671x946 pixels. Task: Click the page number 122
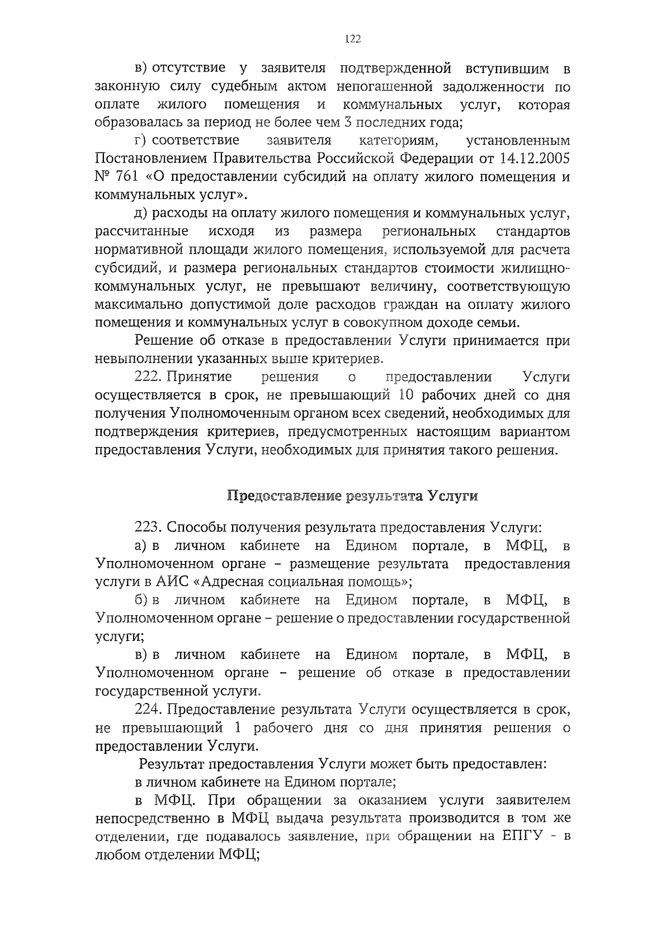click(353, 39)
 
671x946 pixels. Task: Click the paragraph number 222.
click(148, 377)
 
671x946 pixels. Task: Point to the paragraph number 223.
click(148, 527)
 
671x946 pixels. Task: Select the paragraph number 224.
click(148, 710)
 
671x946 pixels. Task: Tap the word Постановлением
click(154, 158)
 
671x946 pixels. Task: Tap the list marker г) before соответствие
click(140, 140)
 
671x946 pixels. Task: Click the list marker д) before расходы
click(140, 213)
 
